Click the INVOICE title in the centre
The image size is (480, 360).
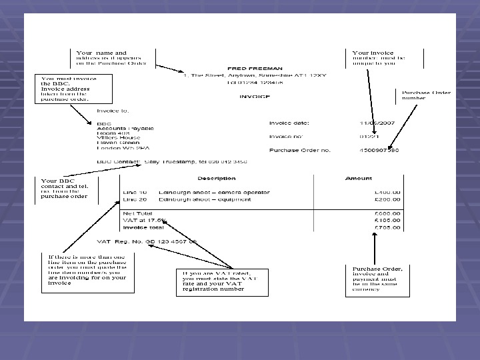255,97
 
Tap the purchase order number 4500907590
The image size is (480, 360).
380,151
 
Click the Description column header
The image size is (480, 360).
217,178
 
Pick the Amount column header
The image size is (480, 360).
359,178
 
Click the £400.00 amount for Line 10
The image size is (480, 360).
387,192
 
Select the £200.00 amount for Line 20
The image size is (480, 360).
387,199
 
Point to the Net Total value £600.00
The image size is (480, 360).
387,213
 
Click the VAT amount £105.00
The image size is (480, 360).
387,220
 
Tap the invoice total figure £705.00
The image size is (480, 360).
387,227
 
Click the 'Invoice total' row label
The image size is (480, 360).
144,227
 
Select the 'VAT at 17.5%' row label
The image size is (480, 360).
144,220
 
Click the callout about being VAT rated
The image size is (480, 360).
224,281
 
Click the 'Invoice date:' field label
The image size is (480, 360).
289,123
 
